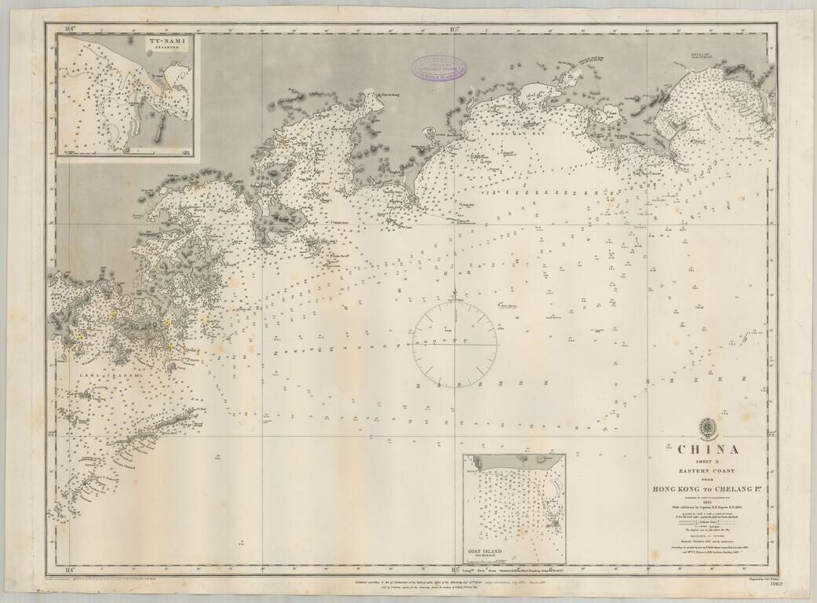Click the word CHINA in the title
coord(708,450)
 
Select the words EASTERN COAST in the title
coord(708,470)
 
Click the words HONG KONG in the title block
coord(680,489)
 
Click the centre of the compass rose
coord(454,344)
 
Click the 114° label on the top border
coord(70,30)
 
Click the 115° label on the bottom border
coord(454,568)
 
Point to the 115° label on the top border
coord(454,30)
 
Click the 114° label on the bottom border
coord(70,568)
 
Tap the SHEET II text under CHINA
coord(708,462)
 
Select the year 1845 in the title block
coord(708,502)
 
